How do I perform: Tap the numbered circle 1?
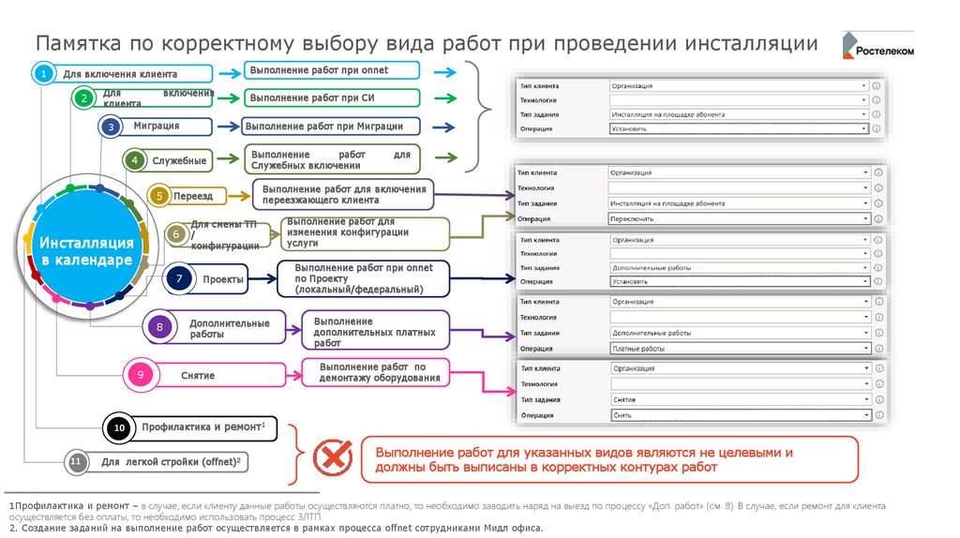pyautogui.click(x=42, y=73)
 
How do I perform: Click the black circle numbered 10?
pyautogui.click(x=119, y=428)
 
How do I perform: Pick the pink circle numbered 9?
pyautogui.click(x=140, y=376)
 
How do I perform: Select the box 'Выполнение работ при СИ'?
pyautogui.click(x=332, y=97)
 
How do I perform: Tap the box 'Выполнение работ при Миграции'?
pyautogui.click(x=331, y=126)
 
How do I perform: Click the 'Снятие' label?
pyautogui.click(x=198, y=376)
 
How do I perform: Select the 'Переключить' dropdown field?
pyautogui.click(x=737, y=218)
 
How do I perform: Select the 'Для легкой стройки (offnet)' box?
pyautogui.click(x=172, y=462)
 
